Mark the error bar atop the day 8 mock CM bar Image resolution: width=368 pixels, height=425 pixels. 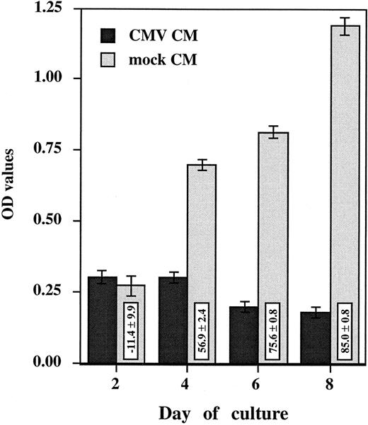[x=345, y=26]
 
